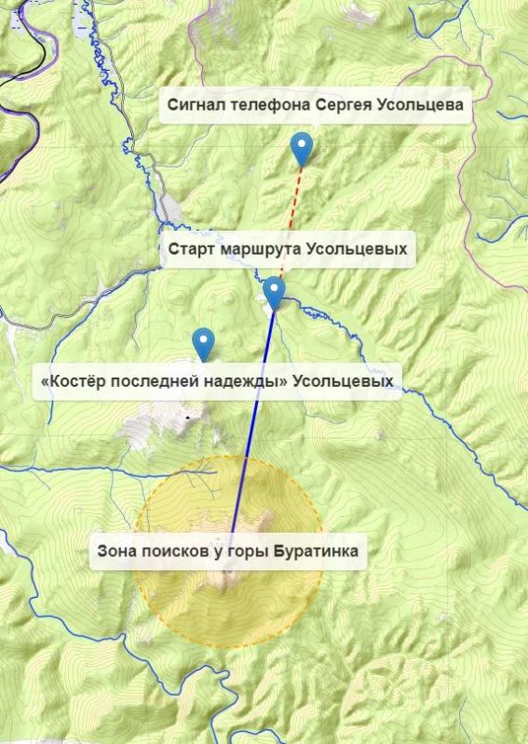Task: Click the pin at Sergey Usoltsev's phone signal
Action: coord(301,147)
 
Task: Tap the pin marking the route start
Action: coord(274,292)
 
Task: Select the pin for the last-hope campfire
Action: coord(202,343)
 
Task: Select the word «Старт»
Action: coord(190,249)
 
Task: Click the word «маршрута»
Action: coord(261,249)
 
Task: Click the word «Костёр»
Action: coord(75,381)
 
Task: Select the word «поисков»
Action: coord(178,551)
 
